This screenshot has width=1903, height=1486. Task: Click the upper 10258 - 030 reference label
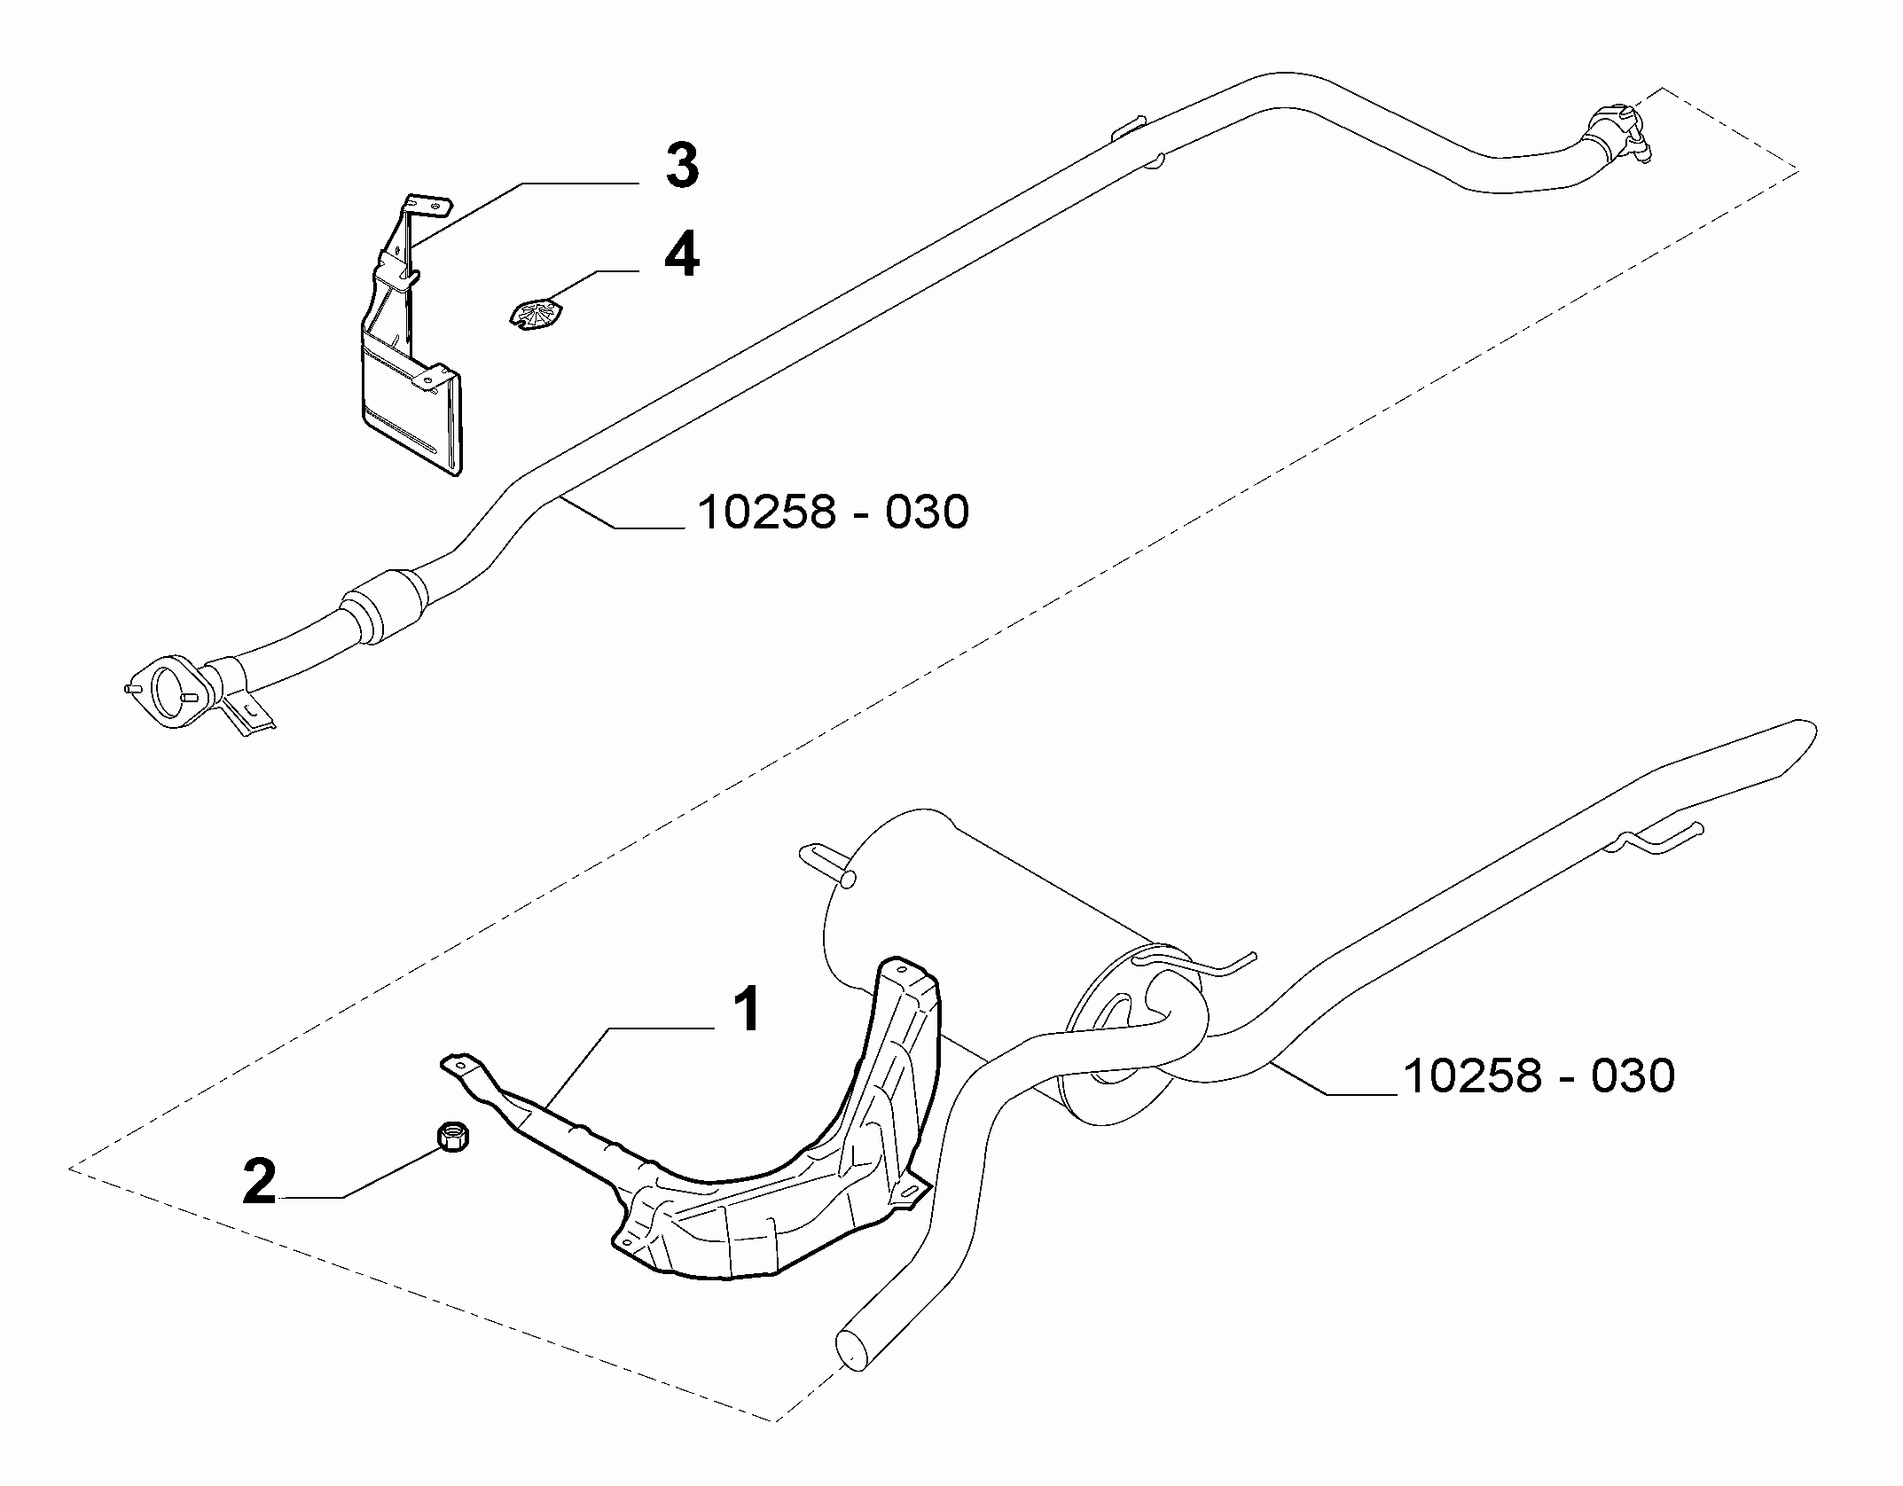coord(834,512)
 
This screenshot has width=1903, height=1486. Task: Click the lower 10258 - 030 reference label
coord(1539,1075)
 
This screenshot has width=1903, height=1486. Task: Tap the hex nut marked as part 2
coord(453,1136)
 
